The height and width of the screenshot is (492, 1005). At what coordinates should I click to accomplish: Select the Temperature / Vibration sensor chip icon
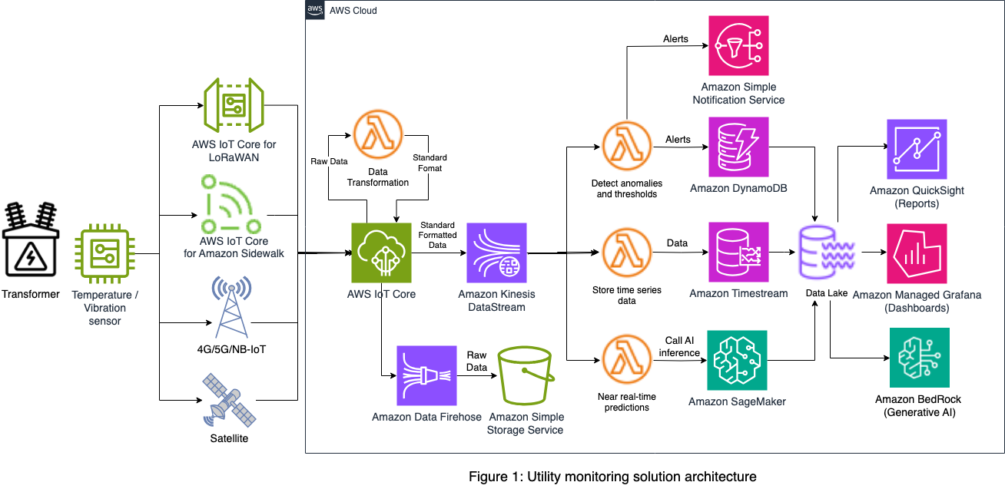tap(104, 253)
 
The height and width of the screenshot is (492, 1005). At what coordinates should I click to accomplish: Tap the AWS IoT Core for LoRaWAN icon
tap(234, 106)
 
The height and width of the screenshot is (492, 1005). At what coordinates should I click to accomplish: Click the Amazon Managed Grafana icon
tap(917, 253)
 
